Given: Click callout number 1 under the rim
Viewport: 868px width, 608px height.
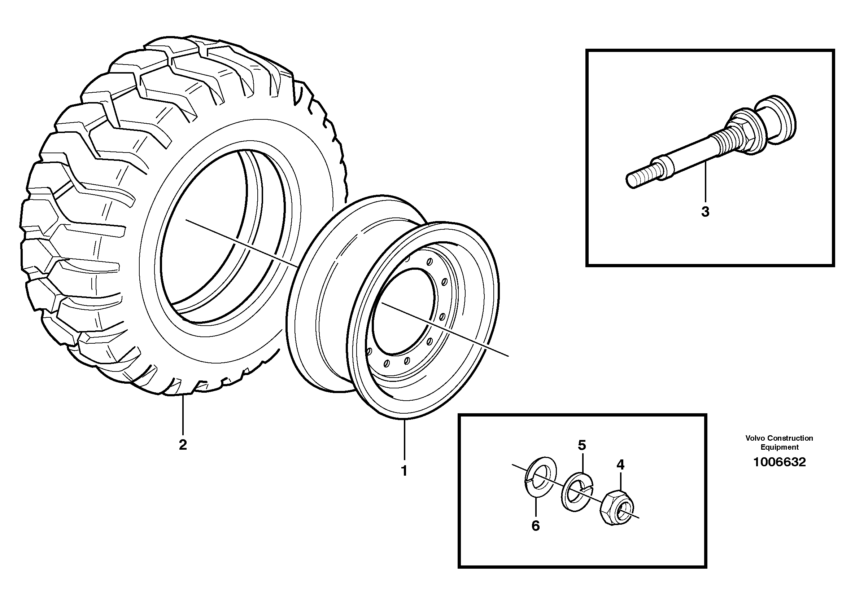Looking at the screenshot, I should [x=404, y=471].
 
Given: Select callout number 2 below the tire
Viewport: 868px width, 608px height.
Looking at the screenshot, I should [x=183, y=445].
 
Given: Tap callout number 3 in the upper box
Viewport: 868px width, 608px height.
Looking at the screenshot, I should [x=705, y=212].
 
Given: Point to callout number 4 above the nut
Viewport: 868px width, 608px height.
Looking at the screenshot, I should [x=620, y=464].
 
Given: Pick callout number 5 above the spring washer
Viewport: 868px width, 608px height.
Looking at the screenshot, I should [x=582, y=446].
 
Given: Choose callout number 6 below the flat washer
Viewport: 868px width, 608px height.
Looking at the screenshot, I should [x=535, y=526].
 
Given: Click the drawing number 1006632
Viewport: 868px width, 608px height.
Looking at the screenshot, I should [x=780, y=462].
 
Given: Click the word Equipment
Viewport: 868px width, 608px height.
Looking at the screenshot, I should [x=780, y=447].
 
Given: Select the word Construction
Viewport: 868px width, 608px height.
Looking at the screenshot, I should [x=790, y=438].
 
